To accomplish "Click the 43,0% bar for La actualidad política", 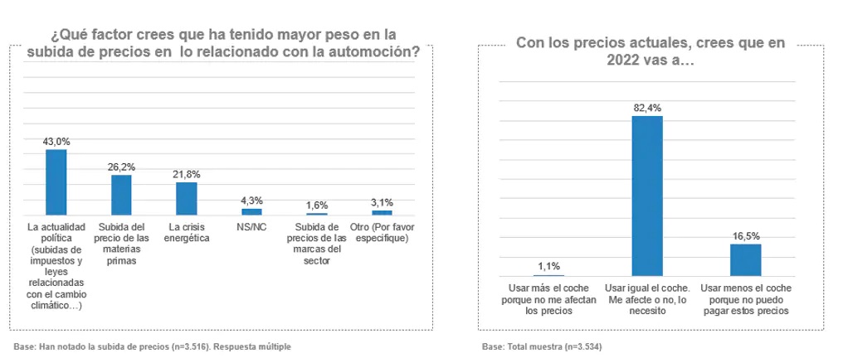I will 56,182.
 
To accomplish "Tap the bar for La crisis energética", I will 187,199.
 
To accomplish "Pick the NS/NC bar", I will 251,211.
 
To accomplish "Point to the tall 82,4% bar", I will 647,196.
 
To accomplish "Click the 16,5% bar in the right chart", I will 746,259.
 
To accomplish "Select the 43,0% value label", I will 56,142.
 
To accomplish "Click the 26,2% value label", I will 121,167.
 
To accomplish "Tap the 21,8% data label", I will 187,174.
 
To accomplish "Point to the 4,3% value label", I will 251,201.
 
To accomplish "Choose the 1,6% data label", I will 317,205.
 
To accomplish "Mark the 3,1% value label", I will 382,202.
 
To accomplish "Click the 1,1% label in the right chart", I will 548,266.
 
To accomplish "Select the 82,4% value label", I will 647,108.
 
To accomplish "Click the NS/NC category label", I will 251,226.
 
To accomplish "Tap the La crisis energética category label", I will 187,232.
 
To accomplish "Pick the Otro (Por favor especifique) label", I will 382,232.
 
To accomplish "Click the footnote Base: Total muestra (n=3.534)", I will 541,346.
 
